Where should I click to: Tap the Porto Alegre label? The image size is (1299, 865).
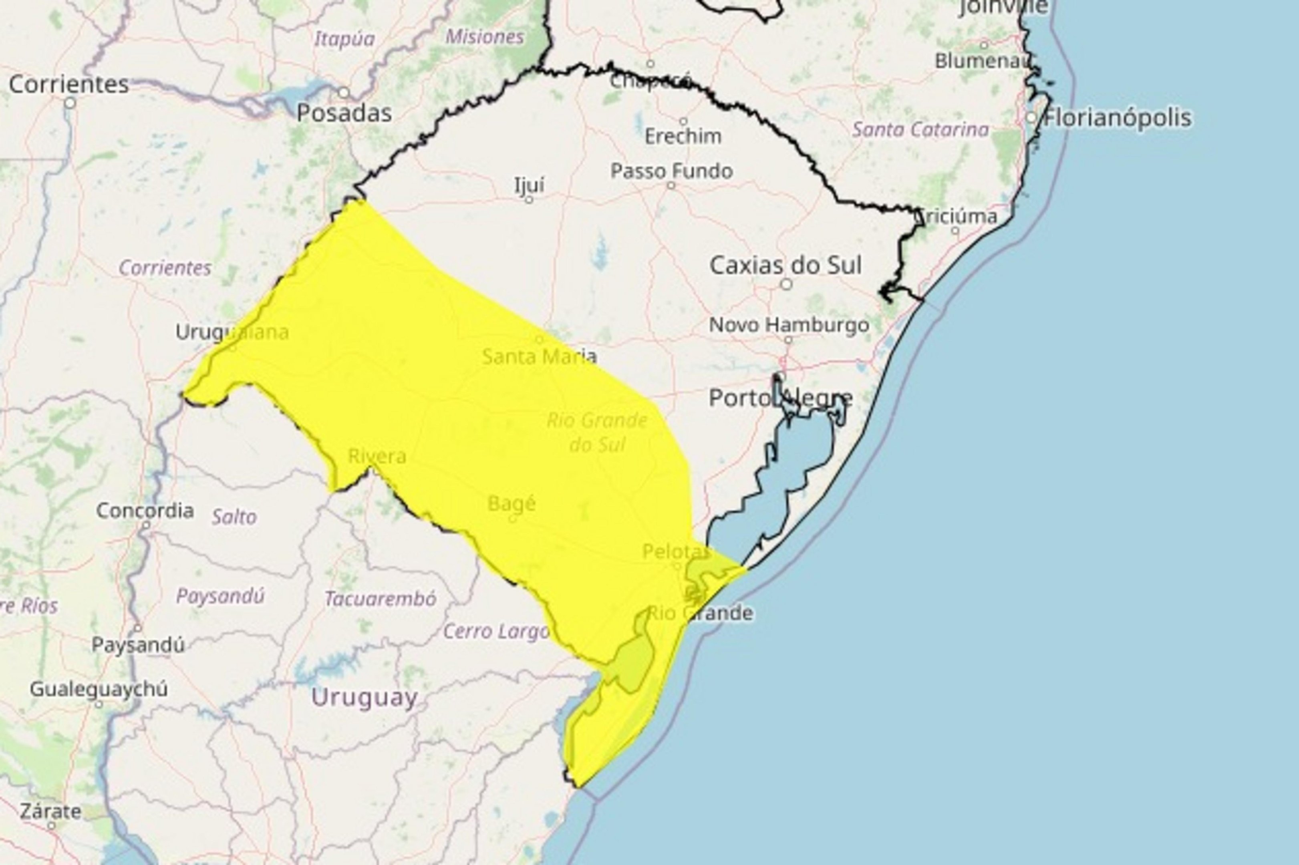point(780,398)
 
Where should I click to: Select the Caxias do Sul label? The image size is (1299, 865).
point(785,266)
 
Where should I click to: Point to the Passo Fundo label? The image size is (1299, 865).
point(672,171)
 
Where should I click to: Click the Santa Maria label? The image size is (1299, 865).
point(539,356)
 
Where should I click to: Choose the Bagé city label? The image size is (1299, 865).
point(512,503)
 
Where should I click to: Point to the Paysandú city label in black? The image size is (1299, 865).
point(138,644)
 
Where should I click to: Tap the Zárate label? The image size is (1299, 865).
point(51,811)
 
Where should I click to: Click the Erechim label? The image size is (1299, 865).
point(683,136)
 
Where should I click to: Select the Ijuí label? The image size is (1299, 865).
point(529,184)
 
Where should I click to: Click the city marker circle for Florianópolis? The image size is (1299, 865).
point(1031,117)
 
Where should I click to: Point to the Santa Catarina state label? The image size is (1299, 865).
point(920,130)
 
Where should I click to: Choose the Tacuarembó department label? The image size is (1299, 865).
point(380,599)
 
